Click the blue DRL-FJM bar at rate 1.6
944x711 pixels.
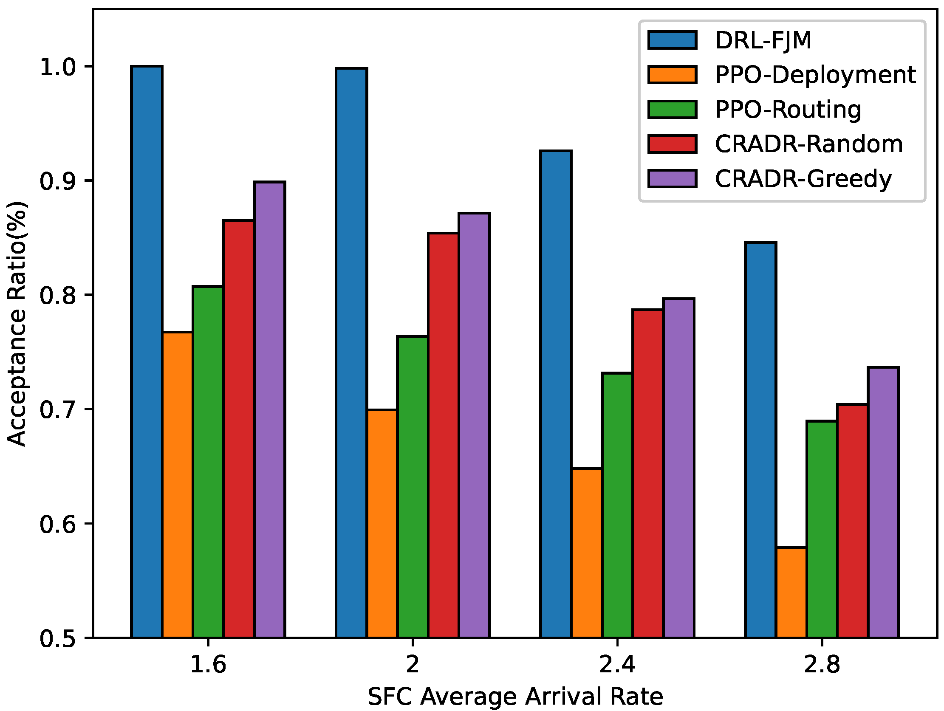point(147,352)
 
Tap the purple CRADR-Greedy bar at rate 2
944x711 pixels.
point(474,425)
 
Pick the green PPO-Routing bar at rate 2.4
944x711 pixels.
point(617,505)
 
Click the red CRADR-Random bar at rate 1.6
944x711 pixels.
point(239,429)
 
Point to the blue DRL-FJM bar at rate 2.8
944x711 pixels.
point(760,440)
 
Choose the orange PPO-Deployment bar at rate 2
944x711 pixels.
point(382,524)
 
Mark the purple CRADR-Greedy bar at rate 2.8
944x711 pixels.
point(883,502)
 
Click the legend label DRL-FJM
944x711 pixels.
point(763,40)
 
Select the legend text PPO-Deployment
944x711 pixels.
point(816,75)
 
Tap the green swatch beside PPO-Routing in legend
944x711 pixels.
point(672,109)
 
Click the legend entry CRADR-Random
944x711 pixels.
point(809,144)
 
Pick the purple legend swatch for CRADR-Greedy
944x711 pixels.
point(672,178)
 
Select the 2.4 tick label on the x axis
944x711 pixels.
point(617,664)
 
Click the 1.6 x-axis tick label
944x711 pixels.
point(208,664)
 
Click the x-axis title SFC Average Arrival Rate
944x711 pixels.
point(515,697)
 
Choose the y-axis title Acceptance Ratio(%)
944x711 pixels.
point(17,324)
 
